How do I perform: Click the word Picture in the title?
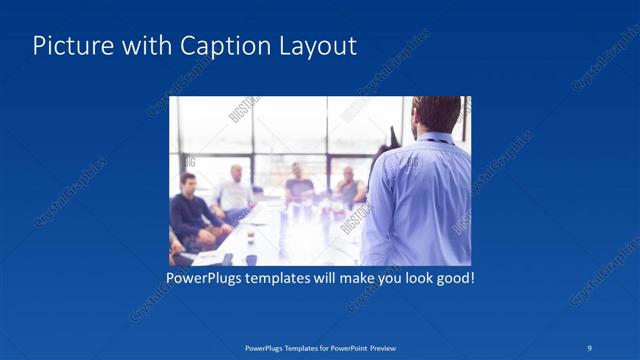(71, 46)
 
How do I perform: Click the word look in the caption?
(411, 277)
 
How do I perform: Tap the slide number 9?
(590, 348)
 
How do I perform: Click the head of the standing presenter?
(436, 116)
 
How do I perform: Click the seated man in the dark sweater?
(188, 212)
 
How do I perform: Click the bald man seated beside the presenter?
(349, 187)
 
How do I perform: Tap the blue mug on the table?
(250, 258)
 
